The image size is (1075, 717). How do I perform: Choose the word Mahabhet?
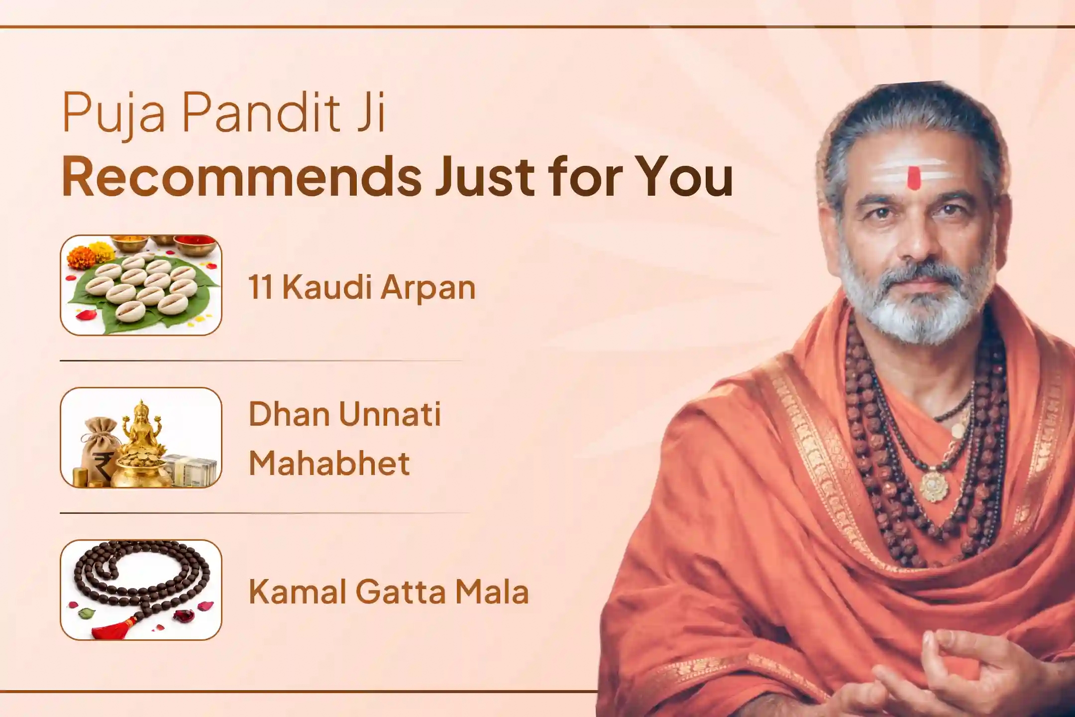click(329, 463)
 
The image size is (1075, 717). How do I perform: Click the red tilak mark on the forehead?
click(913, 178)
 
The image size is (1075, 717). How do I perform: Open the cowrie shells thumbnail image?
click(141, 285)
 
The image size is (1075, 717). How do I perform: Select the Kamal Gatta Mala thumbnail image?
click(141, 590)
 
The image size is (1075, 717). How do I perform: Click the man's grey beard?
click(913, 299)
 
